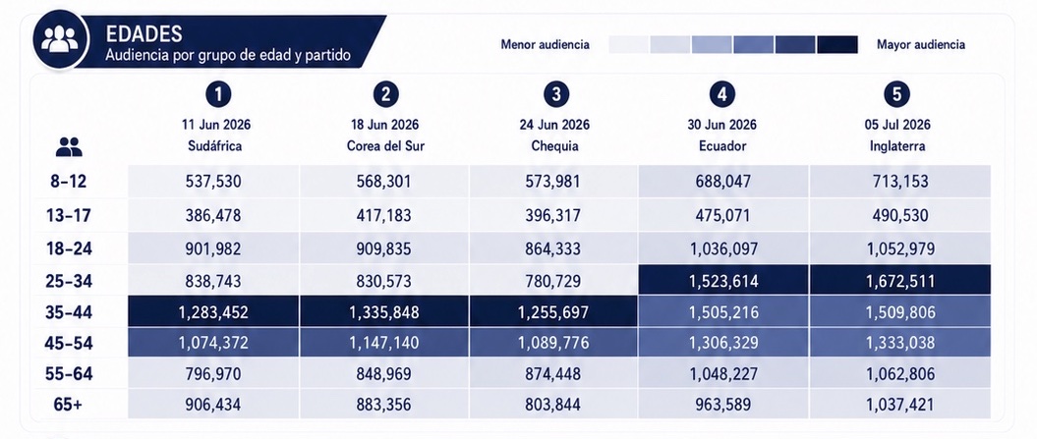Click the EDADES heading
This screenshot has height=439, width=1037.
(144, 33)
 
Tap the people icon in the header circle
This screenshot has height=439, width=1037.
(60, 40)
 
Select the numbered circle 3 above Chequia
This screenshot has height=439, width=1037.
(556, 94)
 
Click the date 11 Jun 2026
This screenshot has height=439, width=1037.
(216, 125)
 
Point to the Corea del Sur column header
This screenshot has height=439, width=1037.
(385, 146)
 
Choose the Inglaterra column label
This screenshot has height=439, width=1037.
(896, 146)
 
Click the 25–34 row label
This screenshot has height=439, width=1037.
(69, 282)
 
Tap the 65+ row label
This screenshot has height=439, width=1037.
(68, 405)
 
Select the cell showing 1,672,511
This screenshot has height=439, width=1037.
(900, 282)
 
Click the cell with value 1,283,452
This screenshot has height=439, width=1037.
(213, 312)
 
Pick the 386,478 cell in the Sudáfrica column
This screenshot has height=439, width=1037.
(213, 215)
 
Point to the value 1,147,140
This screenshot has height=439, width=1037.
(384, 343)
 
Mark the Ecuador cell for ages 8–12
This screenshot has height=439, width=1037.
(722, 182)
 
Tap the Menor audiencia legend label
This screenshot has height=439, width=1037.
(545, 45)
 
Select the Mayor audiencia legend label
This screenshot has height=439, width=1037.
(921, 45)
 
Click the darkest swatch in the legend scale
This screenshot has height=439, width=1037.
(837, 45)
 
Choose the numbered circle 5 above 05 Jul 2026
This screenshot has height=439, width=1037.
(896, 94)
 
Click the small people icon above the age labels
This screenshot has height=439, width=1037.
(69, 146)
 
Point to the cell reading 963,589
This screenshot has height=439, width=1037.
(722, 404)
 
